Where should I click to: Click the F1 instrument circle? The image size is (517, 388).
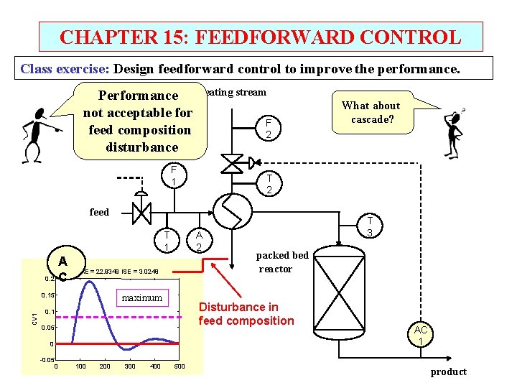click(x=173, y=175)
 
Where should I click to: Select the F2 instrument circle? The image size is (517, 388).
click(x=268, y=129)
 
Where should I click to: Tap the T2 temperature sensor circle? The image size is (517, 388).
click(x=269, y=184)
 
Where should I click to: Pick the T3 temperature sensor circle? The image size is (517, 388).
click(x=369, y=227)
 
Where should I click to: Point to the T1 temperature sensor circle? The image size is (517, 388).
click(x=166, y=240)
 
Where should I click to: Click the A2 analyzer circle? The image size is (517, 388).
click(x=199, y=240)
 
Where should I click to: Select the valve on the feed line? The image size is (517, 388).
click(x=141, y=212)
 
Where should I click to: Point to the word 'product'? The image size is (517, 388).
click(x=448, y=371)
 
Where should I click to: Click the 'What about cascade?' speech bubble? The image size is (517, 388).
click(x=371, y=112)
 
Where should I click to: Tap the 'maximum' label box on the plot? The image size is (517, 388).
click(x=141, y=297)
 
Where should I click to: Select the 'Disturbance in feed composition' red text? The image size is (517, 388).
click(x=246, y=313)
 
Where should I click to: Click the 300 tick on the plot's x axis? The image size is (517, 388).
click(x=130, y=366)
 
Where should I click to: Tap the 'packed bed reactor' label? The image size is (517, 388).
click(x=281, y=262)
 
